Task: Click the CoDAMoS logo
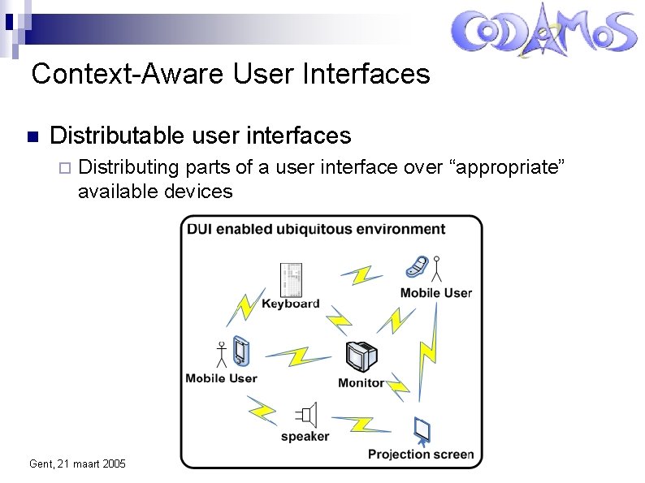543,32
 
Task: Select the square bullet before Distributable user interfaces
32,136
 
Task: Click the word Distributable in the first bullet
118,135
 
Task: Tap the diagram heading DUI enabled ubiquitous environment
316,229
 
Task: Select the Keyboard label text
290,304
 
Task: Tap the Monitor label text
361,382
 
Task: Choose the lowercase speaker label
305,437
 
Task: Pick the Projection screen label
420,454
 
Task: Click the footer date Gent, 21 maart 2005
77,464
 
